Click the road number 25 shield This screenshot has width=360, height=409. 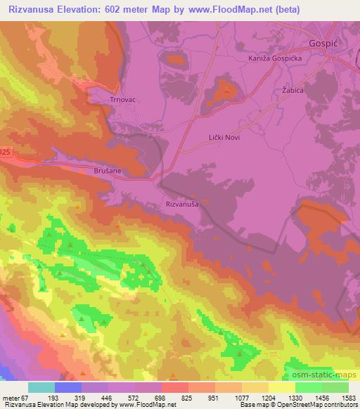(4, 152)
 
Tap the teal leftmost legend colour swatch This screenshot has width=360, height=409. (41, 387)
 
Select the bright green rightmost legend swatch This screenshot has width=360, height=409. (335, 387)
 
